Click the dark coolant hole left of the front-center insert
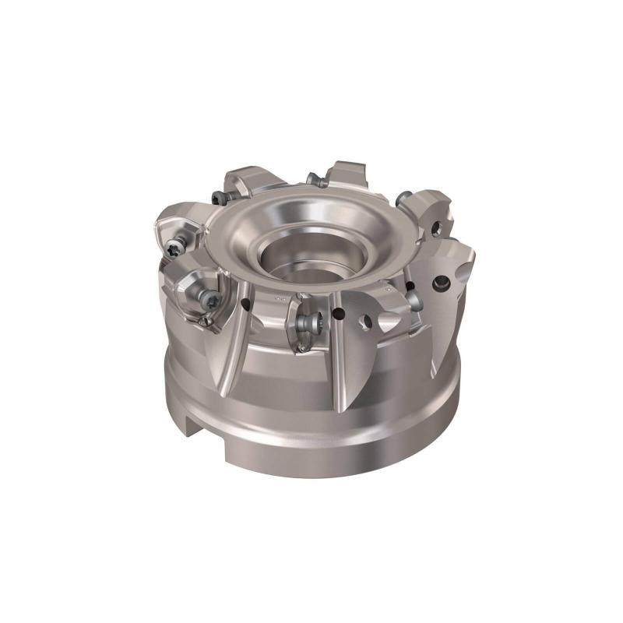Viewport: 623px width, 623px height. pyautogui.click(x=247, y=303)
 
